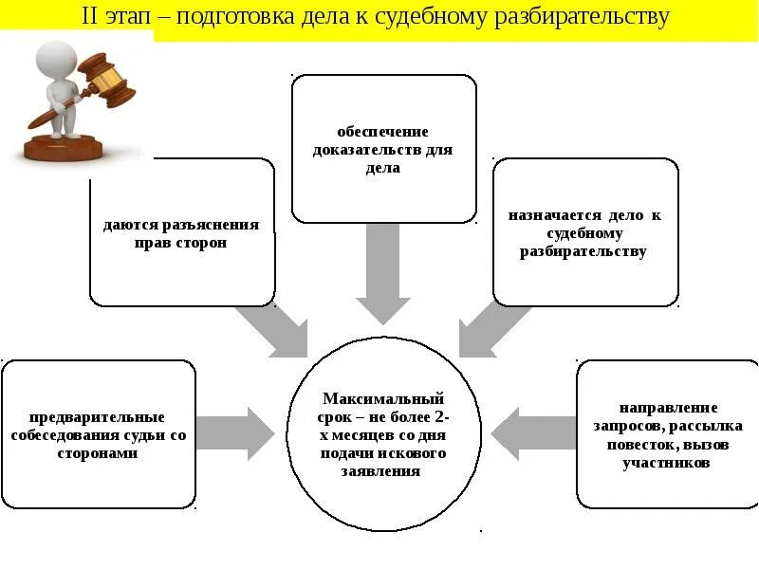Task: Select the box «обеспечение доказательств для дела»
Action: pos(383,149)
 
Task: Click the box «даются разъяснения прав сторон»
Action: pos(181,232)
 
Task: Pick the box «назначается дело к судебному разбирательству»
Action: pos(584,232)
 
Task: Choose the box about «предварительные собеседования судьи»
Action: pos(98,434)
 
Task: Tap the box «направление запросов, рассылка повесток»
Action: pos(668,434)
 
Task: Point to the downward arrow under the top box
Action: pos(383,275)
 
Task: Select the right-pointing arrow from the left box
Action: pos(237,434)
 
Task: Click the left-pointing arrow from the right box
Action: pos(531,434)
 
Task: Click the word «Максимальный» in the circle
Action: pos(383,399)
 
